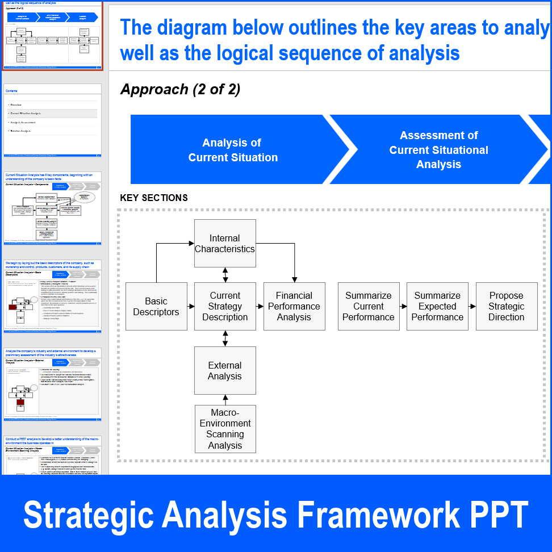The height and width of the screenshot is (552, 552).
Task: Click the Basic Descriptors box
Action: tap(156, 307)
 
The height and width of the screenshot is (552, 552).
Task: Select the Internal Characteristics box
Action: tap(225, 244)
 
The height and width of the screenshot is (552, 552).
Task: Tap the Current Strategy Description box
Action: tap(225, 307)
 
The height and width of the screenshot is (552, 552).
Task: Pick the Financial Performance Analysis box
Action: tap(294, 307)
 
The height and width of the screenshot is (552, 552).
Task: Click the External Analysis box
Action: tap(225, 371)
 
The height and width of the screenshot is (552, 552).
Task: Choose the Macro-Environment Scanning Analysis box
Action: tap(225, 429)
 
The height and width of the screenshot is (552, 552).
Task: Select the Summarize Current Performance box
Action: tap(369, 307)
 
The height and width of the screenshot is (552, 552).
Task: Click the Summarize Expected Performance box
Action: tap(437, 307)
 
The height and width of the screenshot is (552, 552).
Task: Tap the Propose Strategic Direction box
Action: tap(506, 307)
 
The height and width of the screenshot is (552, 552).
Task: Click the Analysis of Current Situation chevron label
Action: tap(233, 150)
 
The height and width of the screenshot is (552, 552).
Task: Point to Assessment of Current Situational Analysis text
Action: tap(438, 150)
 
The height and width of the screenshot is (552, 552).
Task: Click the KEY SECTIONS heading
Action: tap(154, 198)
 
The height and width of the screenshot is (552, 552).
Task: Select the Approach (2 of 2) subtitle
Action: tap(180, 89)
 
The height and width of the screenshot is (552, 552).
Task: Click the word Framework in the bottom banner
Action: tap(379, 515)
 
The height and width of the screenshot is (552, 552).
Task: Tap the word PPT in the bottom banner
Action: tap(498, 515)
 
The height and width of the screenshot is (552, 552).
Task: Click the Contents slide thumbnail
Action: tap(52, 120)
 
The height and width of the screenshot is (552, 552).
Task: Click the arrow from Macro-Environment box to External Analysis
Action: tap(225, 399)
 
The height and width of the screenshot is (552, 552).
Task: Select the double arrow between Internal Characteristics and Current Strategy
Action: tap(225, 275)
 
